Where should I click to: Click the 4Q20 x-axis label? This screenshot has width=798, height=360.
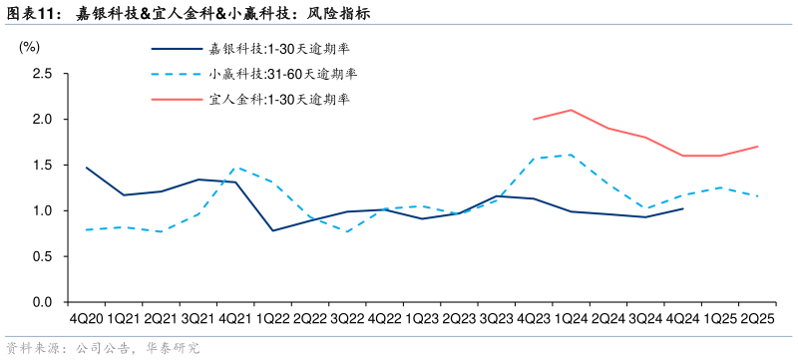tap(86, 318)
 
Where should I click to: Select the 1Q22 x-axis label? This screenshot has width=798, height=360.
tap(272, 318)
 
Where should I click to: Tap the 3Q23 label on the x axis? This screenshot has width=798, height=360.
tap(496, 318)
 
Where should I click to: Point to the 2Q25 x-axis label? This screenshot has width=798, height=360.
tap(757, 318)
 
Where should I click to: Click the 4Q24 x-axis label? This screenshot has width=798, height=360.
tap(682, 318)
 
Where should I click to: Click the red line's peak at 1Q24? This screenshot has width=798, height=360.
tap(571, 110)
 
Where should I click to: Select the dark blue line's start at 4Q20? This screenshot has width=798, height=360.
tap(86, 168)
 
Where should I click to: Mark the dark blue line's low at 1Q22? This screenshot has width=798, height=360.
tap(272, 230)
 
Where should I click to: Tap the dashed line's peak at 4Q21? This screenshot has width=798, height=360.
tap(235, 168)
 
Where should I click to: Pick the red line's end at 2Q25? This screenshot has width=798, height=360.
tap(757, 147)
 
